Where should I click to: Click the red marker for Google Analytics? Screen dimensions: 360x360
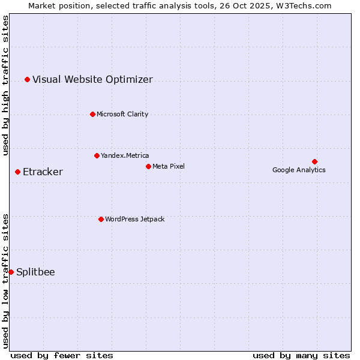coord(314,161)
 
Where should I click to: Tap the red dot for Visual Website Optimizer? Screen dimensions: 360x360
coord(27,79)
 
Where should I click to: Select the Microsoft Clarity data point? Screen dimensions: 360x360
coord(92,114)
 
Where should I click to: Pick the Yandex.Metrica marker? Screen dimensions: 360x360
coord(97,155)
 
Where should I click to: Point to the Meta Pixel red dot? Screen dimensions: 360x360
coord(148,166)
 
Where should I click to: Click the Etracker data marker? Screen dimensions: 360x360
coord(17,172)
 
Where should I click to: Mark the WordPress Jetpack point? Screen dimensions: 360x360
coord(101,219)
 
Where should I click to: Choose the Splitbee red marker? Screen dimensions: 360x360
coord(11,272)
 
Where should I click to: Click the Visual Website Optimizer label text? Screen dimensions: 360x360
coord(92,80)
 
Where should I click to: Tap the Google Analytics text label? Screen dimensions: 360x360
coord(299,170)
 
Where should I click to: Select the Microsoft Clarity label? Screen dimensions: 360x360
coord(122,114)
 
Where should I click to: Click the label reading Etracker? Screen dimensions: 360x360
coord(43,172)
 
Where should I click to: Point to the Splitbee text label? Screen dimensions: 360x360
coord(35,272)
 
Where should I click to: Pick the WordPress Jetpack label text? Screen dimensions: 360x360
coord(134,219)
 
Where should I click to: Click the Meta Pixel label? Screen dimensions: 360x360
coord(169,166)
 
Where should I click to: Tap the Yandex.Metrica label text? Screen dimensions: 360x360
coord(125,155)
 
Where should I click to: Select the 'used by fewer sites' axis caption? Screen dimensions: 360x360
coord(62,355)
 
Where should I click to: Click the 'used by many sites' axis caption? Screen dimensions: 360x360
coord(301,355)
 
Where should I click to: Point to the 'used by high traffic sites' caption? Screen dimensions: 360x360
coord(5,85)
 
